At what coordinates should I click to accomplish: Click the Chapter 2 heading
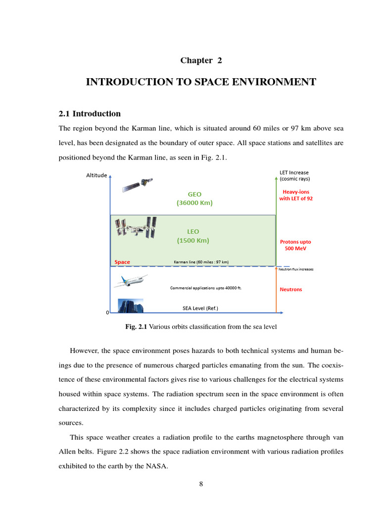(x=201, y=60)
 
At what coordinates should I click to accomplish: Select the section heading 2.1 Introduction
(x=90, y=113)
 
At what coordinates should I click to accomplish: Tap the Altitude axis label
(x=96, y=175)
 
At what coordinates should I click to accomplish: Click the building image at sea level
(x=130, y=305)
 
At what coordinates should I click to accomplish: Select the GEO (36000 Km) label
(x=194, y=199)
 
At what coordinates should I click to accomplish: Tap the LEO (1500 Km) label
(x=193, y=236)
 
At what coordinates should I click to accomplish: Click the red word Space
(x=122, y=262)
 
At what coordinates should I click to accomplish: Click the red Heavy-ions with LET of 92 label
(x=296, y=195)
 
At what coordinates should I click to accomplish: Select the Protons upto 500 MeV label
(x=295, y=245)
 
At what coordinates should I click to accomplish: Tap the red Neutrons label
(x=290, y=289)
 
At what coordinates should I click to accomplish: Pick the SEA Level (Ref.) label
(x=200, y=308)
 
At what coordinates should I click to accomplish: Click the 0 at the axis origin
(x=107, y=313)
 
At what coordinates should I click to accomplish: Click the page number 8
(x=201, y=484)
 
